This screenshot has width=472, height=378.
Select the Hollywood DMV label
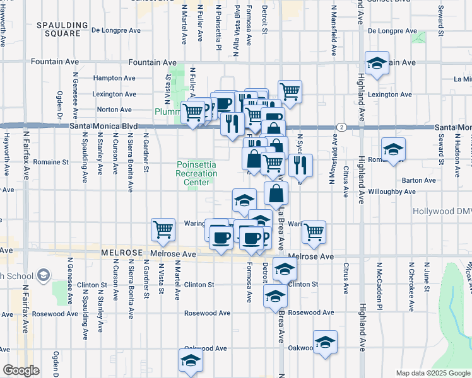coord(442,212)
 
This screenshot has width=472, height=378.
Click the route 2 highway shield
coord(341,127)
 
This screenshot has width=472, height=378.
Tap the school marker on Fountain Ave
coord(377,64)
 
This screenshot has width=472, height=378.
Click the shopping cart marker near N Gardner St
coord(163,229)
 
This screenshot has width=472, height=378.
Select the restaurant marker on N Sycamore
coord(300,165)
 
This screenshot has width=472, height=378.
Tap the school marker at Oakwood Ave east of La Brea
coord(325,342)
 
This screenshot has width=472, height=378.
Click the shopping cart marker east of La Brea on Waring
coord(314,232)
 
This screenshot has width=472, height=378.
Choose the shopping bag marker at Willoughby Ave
coord(276,194)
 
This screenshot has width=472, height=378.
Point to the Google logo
coord(20,370)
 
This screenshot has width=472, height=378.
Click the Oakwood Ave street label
coord(205,348)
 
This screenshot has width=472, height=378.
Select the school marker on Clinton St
coord(285,270)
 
